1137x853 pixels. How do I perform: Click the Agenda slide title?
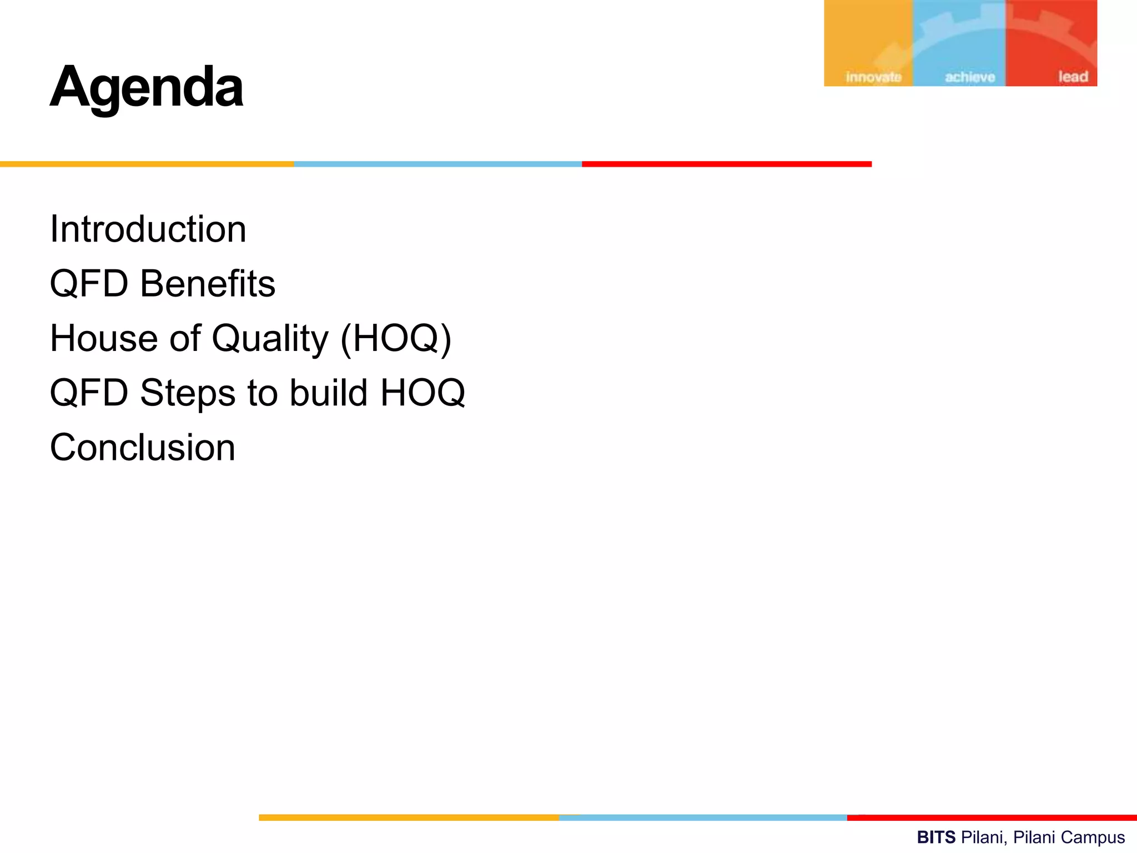click(x=147, y=88)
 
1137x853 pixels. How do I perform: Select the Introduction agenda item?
click(x=148, y=229)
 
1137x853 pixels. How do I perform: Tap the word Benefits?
click(x=207, y=284)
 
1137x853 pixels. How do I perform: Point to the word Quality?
click(x=270, y=339)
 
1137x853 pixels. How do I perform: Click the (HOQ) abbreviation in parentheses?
click(x=396, y=339)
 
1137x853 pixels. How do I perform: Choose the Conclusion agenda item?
click(x=143, y=448)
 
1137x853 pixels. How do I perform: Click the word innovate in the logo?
click(x=873, y=77)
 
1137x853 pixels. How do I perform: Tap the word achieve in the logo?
click(x=969, y=77)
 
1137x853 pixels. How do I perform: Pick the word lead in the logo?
click(x=1073, y=77)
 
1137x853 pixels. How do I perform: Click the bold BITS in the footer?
click(x=936, y=837)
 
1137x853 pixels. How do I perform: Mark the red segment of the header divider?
click(x=726, y=164)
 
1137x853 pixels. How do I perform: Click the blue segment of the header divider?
click(x=437, y=164)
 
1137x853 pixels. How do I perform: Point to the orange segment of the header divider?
click(x=147, y=164)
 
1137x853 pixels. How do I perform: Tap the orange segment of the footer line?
click(x=409, y=817)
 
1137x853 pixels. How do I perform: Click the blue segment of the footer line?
click(x=703, y=817)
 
